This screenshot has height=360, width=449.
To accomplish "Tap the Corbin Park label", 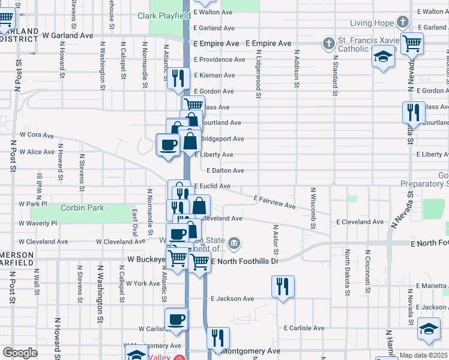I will pyautogui.click(x=82, y=208).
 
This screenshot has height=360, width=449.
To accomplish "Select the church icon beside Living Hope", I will pyautogui.click(x=402, y=23).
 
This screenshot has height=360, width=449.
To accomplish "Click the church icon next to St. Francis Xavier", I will pyautogui.click(x=328, y=43).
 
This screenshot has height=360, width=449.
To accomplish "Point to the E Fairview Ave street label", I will pyautogui.click(x=274, y=202).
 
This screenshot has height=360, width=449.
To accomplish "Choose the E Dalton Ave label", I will pyautogui.click(x=225, y=171).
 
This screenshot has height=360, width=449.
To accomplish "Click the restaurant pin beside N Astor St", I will pyautogui.click(x=282, y=286).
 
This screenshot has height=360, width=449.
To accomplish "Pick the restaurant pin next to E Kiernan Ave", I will pyautogui.click(x=178, y=78).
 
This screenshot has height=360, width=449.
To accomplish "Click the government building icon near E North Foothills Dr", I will pyautogui.click(x=235, y=244).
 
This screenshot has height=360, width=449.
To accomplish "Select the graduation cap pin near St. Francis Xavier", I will pyautogui.click(x=382, y=58).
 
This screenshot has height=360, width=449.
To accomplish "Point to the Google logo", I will pyautogui.click(x=20, y=353).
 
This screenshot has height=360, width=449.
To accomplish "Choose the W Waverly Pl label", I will pyautogui.click(x=37, y=223).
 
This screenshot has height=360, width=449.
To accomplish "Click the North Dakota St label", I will pyautogui.click(x=347, y=274).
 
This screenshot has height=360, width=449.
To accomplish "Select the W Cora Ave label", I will pyautogui.click(x=37, y=135).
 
